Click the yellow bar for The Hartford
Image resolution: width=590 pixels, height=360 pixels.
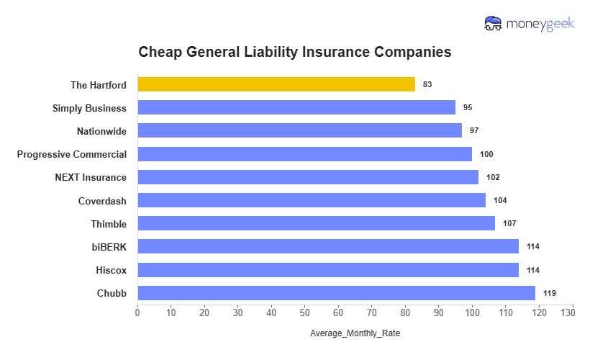(x=276, y=84)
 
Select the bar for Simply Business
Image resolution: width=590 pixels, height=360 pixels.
(x=296, y=107)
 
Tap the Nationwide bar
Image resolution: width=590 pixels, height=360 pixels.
(x=299, y=130)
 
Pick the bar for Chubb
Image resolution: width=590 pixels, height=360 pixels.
(x=336, y=293)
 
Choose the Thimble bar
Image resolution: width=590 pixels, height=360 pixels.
(x=316, y=223)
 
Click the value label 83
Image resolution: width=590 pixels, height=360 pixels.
(x=427, y=84)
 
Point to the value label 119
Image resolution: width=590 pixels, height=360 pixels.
(x=550, y=293)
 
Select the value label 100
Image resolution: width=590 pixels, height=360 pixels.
(x=486, y=154)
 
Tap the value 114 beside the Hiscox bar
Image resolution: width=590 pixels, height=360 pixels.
(x=532, y=270)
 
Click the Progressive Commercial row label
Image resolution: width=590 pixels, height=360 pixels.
(x=72, y=154)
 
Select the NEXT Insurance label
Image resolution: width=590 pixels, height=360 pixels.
(x=91, y=177)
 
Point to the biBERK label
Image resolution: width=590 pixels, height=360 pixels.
(x=109, y=247)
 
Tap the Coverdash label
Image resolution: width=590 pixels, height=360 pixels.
(x=102, y=200)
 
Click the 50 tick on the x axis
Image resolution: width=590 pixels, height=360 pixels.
(x=305, y=313)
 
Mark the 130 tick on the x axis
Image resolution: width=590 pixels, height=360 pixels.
(x=572, y=313)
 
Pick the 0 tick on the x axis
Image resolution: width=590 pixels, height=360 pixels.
(x=137, y=313)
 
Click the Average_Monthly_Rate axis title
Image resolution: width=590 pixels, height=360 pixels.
(x=355, y=333)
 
